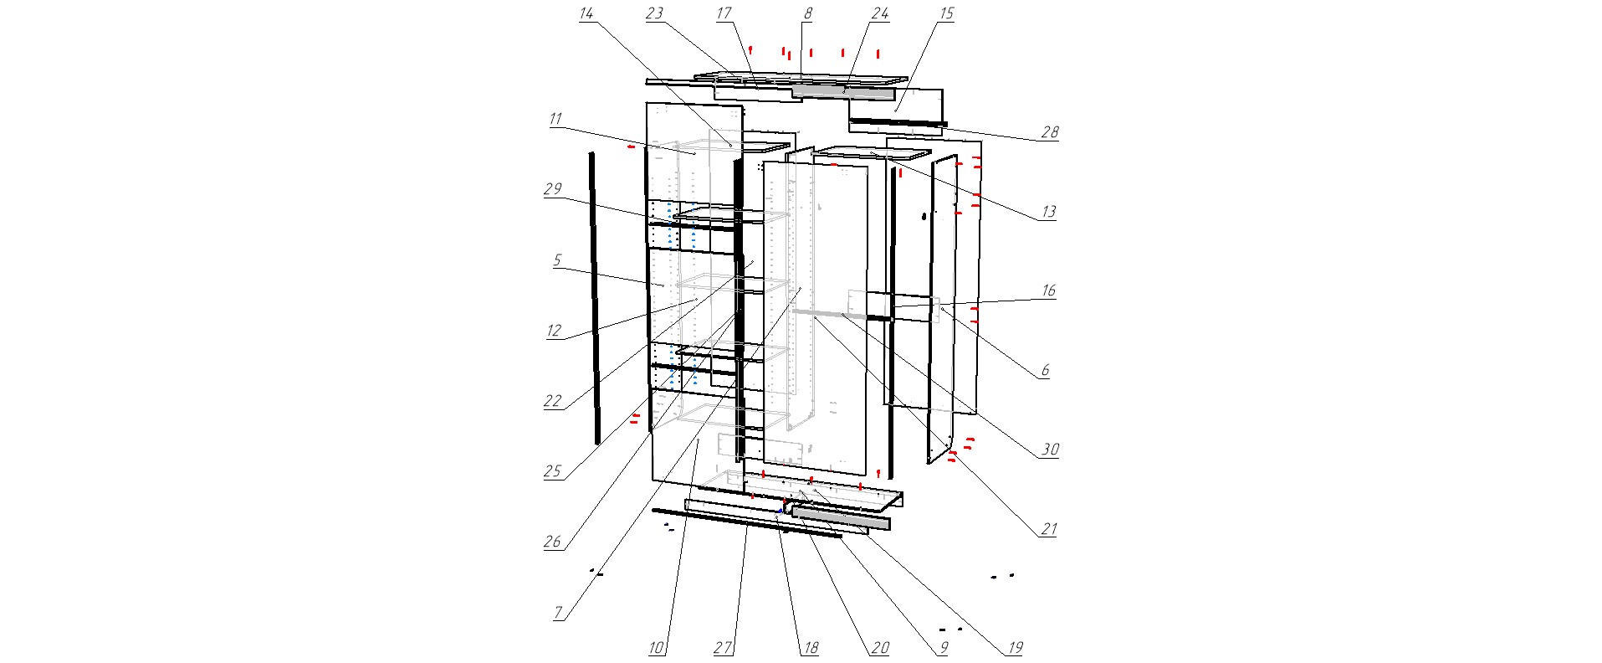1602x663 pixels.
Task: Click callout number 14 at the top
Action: (x=586, y=13)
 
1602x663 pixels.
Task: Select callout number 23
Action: (x=654, y=13)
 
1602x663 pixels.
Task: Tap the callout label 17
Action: (x=724, y=13)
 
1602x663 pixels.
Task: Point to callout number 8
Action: (x=807, y=13)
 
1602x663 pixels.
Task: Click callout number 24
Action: (x=879, y=13)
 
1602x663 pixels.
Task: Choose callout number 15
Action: (x=946, y=13)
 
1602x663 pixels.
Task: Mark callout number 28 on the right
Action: (x=1049, y=132)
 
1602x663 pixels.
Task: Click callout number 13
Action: (x=1048, y=212)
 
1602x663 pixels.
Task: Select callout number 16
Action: (x=1048, y=290)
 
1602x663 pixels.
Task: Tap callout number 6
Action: (x=1045, y=370)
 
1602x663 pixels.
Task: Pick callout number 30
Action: (x=1049, y=450)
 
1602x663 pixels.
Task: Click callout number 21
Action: (x=1048, y=529)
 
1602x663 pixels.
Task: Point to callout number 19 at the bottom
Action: (x=1015, y=647)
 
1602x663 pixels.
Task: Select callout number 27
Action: (x=723, y=647)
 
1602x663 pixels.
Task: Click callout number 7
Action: (x=558, y=613)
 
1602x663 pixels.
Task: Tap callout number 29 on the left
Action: (x=552, y=189)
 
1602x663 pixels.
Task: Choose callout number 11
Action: (x=555, y=119)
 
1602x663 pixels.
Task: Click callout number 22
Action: (x=552, y=401)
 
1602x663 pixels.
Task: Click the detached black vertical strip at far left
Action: (x=594, y=297)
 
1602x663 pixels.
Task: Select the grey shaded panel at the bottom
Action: (x=841, y=518)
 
